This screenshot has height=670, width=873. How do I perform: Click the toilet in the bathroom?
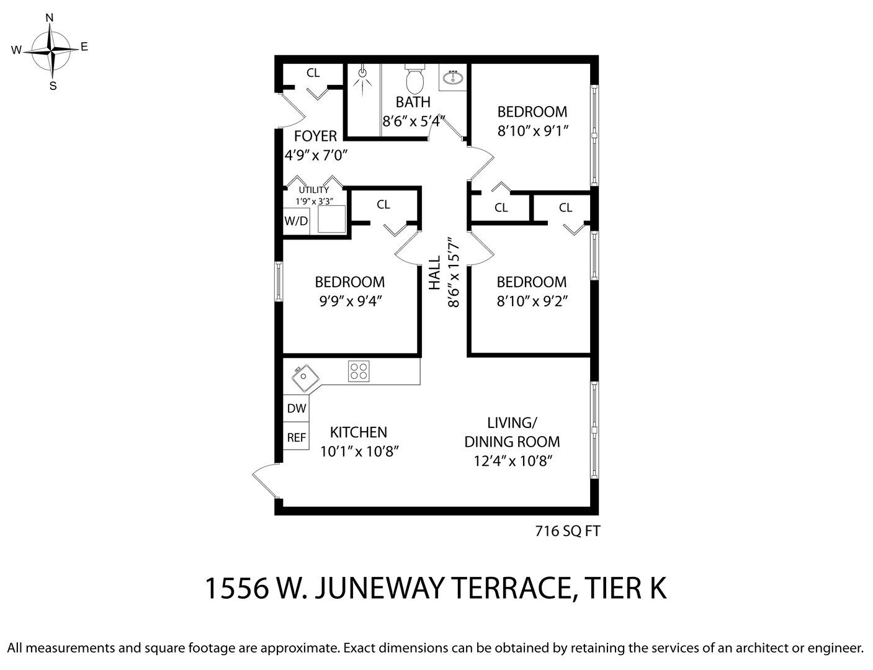click(x=415, y=79)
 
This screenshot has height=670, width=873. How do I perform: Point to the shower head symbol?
click(x=363, y=73)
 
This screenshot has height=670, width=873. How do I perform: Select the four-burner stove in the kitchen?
click(x=359, y=371)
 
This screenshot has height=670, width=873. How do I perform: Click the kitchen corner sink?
click(x=305, y=378)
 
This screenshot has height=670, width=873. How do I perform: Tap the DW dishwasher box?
click(x=296, y=408)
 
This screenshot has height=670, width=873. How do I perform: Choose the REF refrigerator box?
click(x=296, y=436)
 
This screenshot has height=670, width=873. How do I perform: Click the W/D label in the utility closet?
click(x=296, y=220)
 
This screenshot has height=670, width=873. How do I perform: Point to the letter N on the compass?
click(x=50, y=17)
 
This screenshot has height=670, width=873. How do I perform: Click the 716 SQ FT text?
click(x=568, y=532)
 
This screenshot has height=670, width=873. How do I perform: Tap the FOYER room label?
click(x=315, y=136)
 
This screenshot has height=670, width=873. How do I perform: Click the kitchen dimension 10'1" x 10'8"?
click(x=359, y=452)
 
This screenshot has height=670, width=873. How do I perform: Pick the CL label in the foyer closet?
click(x=313, y=73)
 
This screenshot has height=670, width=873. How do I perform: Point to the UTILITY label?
click(x=314, y=190)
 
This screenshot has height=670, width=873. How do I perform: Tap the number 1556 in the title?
click(x=236, y=588)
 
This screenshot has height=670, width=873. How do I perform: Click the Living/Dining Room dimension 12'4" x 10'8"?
click(x=513, y=461)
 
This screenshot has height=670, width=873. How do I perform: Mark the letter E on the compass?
click(x=84, y=47)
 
